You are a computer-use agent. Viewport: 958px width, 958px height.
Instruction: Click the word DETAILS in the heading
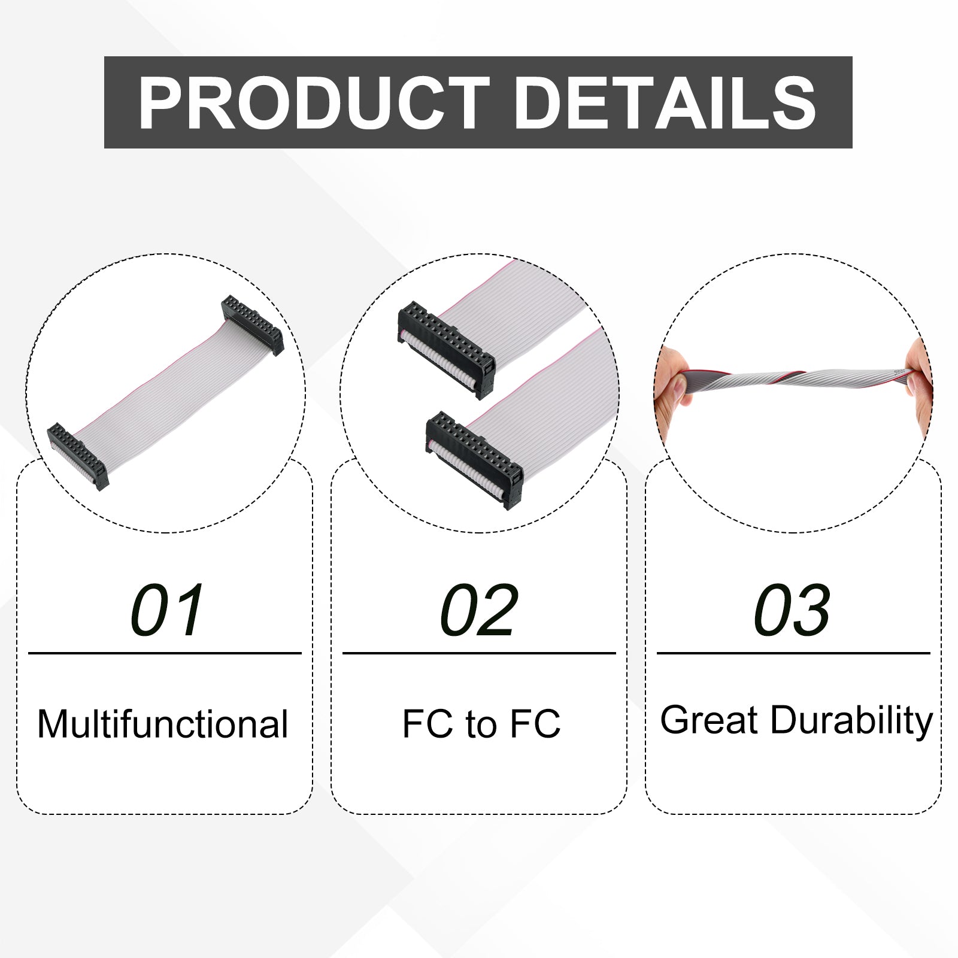665,102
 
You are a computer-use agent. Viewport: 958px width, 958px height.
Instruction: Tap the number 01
167,610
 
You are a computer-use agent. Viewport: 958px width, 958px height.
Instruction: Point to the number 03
792,610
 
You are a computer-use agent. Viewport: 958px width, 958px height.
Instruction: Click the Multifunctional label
163,724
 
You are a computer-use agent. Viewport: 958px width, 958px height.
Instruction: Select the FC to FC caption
481,724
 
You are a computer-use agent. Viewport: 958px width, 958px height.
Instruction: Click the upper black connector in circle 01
252,325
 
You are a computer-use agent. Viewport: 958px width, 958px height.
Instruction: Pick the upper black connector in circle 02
446,349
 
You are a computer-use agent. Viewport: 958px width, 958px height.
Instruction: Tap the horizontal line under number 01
165,653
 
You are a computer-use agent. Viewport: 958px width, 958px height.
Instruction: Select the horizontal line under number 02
479,653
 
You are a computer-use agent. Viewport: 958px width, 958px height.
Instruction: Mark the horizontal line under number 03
793,653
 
